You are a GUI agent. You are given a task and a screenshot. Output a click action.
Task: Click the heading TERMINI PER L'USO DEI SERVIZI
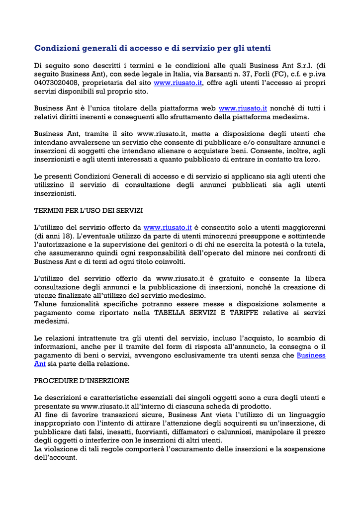89,210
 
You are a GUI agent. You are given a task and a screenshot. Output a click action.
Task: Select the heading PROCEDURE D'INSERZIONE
82,381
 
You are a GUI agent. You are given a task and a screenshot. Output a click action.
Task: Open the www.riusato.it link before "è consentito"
168,228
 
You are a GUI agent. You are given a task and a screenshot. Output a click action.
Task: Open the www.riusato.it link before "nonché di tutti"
243,108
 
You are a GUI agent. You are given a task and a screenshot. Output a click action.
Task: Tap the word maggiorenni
304,228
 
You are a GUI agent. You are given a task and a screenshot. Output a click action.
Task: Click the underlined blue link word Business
311,355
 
